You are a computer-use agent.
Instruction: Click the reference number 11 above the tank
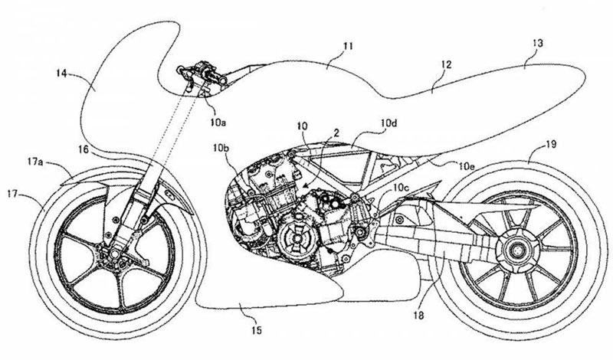pyautogui.click(x=348, y=47)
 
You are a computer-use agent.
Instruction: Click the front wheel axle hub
pyautogui.click(x=101, y=249)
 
